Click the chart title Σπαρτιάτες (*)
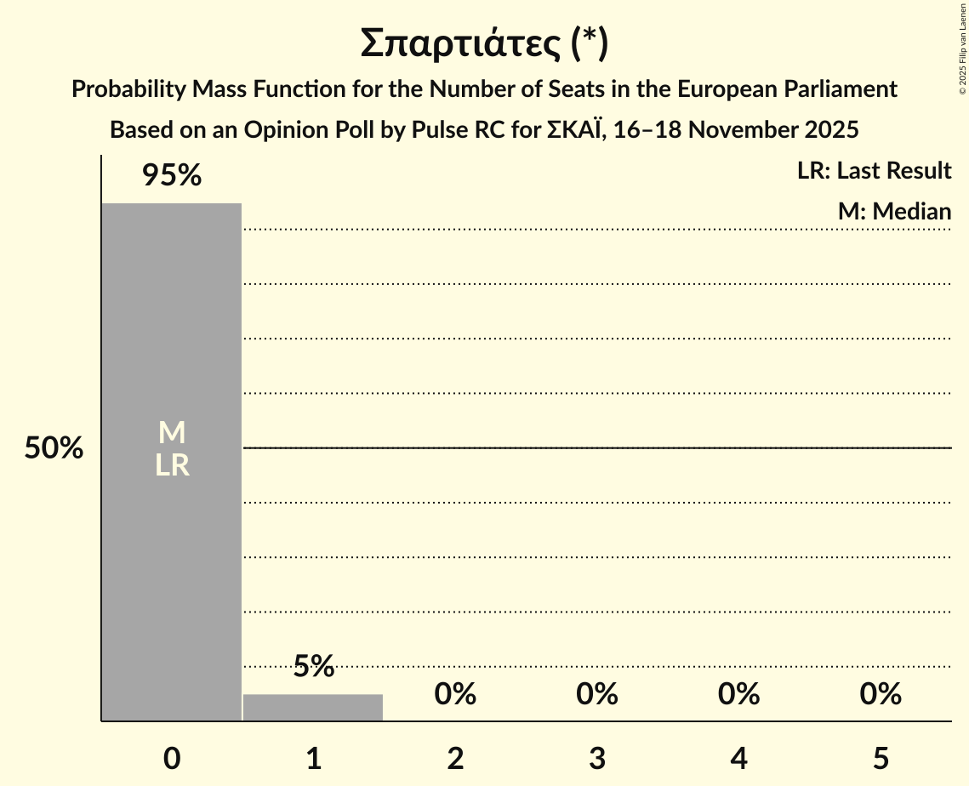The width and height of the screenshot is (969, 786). tap(483, 43)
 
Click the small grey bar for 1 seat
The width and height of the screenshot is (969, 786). tap(313, 708)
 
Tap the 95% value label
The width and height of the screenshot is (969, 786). tap(172, 176)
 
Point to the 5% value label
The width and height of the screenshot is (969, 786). tap(313, 666)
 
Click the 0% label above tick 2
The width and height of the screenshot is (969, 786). tap(455, 694)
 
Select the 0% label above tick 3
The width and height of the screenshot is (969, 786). tap(597, 694)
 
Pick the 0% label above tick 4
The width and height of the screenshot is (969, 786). tap(738, 694)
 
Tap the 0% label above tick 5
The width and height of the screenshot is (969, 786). tap(881, 694)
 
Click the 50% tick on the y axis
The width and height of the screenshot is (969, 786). tap(54, 448)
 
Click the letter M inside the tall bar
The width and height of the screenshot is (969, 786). tap(172, 433)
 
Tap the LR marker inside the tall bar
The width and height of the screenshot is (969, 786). tap(172, 466)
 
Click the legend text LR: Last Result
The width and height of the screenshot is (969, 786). tap(874, 171)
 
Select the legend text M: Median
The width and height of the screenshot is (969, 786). tap(894, 211)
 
